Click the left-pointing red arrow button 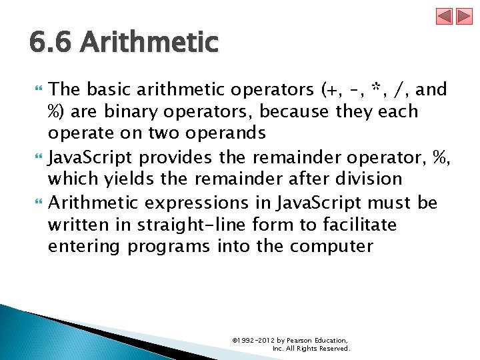tap(445, 16)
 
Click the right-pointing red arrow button tap(464, 16)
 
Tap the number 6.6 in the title tap(52, 43)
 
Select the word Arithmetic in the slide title tap(149, 43)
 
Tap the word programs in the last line tap(169, 247)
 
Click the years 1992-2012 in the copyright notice tap(257, 340)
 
